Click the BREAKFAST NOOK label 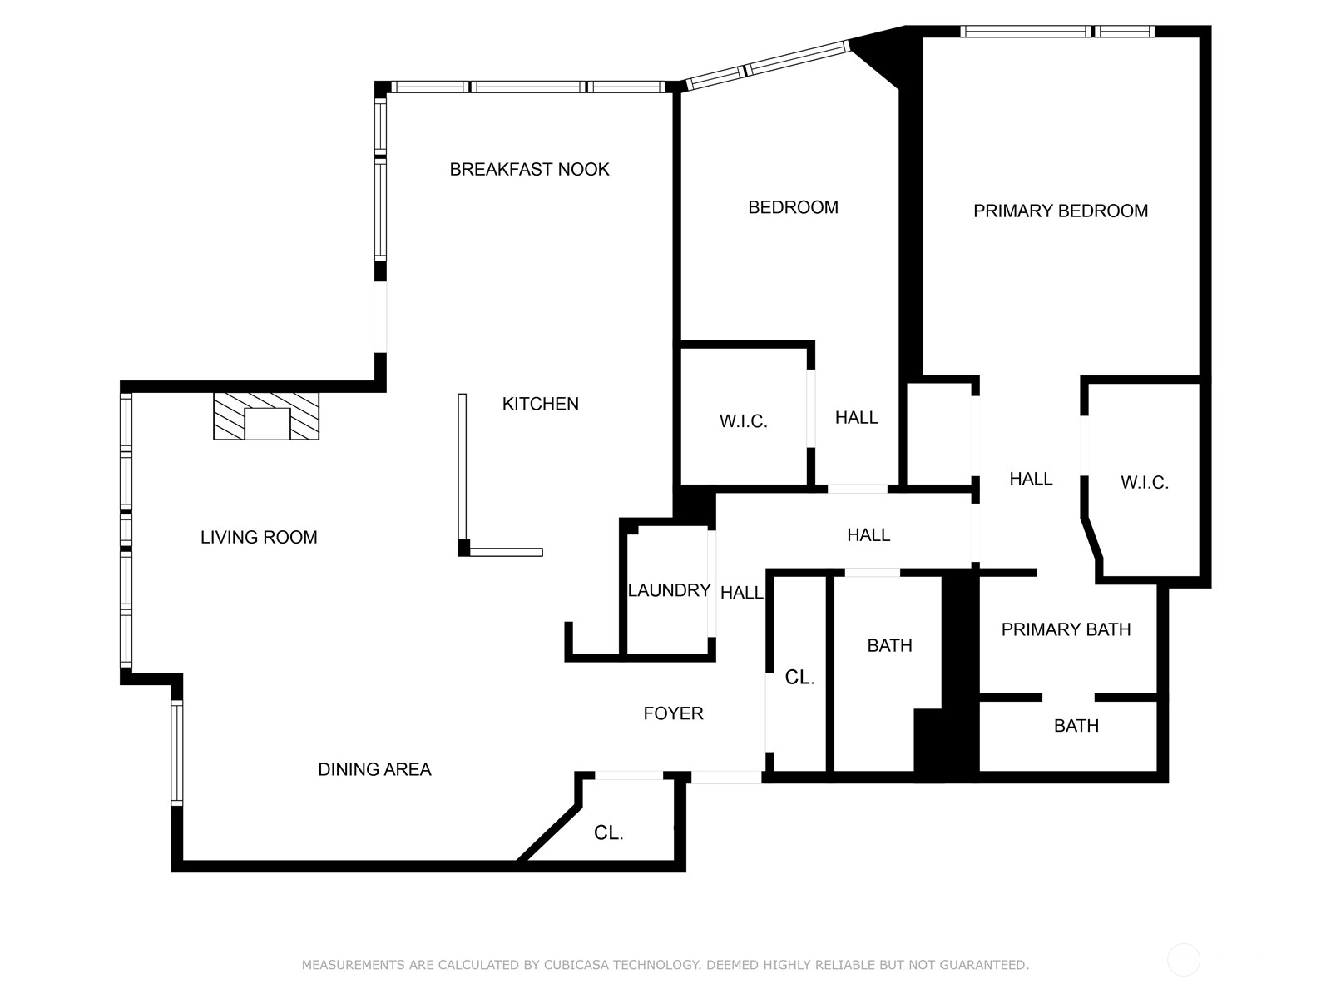pyautogui.click(x=529, y=170)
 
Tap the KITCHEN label pyautogui.click(x=540, y=404)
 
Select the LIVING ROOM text pyautogui.click(x=259, y=538)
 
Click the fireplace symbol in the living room pyautogui.click(x=266, y=417)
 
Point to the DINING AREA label pyautogui.click(x=374, y=770)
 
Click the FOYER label pyautogui.click(x=673, y=713)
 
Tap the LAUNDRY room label pyautogui.click(x=669, y=591)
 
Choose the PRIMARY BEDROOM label pyautogui.click(x=1060, y=211)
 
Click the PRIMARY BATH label pyautogui.click(x=1066, y=630)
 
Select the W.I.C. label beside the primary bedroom pyautogui.click(x=1144, y=483)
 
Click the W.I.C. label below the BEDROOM pyautogui.click(x=743, y=422)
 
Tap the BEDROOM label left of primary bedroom pyautogui.click(x=793, y=208)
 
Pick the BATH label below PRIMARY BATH pyautogui.click(x=1076, y=726)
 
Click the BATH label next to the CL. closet pyautogui.click(x=889, y=646)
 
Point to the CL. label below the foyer pyautogui.click(x=608, y=833)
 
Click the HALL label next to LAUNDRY pyautogui.click(x=741, y=593)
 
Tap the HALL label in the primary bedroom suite pyautogui.click(x=1031, y=479)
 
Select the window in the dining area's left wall pyautogui.click(x=176, y=753)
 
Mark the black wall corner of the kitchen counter pyautogui.click(x=464, y=548)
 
